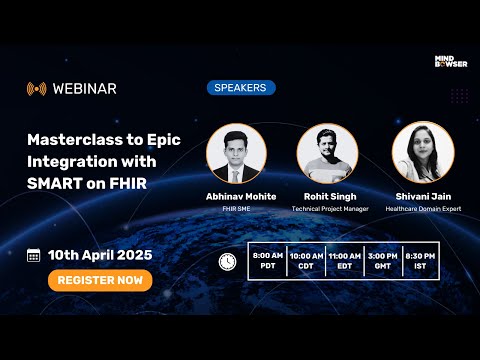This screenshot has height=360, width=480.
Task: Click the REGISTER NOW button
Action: coord(100,280)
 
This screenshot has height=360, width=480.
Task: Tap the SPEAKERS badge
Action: coord(241,88)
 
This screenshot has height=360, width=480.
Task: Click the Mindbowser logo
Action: coord(450,63)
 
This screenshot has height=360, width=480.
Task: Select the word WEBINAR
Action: coord(85,88)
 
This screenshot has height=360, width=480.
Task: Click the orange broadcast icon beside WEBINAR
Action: coord(37,88)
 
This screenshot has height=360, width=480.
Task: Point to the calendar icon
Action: coord(34,255)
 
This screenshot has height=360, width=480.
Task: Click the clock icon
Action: coord(228,261)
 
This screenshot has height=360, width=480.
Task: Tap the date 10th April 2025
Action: coord(100,255)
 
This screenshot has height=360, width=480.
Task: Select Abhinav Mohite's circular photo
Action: coord(236,153)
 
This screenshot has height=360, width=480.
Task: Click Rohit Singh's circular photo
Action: coord(327,153)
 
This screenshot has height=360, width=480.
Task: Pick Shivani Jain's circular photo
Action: coord(423,153)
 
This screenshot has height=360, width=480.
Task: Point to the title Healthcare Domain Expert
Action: coord(423,209)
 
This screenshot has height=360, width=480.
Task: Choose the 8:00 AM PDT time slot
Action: coord(267,261)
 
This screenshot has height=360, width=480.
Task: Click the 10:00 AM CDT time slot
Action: coord(306,261)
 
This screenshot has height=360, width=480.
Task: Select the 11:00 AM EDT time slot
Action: coord(345,261)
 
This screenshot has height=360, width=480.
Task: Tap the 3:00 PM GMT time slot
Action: coord(383,261)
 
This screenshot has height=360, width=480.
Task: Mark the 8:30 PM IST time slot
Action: coord(421,261)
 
